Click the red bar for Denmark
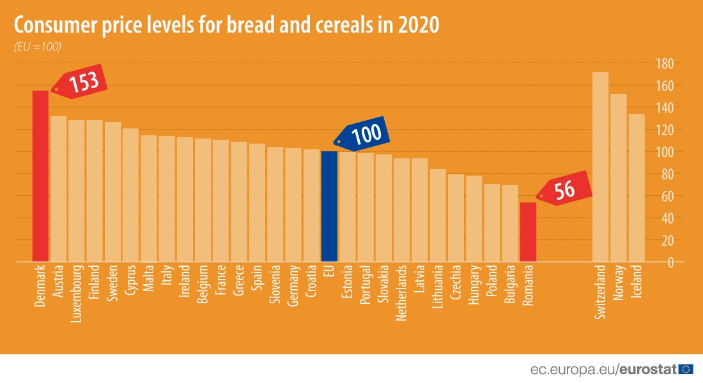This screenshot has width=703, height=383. (x=40, y=176)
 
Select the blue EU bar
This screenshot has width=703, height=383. (x=329, y=206)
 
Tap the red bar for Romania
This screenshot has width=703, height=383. (x=528, y=232)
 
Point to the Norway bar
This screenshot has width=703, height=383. (x=619, y=178)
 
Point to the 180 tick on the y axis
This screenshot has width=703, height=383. (x=665, y=63)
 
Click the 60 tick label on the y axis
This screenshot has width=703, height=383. (x=668, y=196)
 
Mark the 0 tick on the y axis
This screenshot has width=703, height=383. (x=670, y=262)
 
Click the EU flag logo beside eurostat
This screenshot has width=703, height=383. (x=686, y=369)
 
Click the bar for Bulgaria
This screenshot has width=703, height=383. (x=510, y=223)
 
